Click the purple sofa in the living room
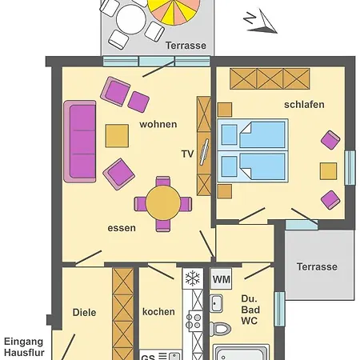80,142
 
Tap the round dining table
163,203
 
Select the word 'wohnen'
158,124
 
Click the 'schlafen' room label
304,105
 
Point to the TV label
187,154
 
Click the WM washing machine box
221,279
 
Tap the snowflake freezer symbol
193,278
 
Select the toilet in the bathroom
220,329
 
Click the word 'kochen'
158,312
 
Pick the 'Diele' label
84,312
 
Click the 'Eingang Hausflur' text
24,347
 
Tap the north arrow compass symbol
261,22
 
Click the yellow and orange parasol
174,10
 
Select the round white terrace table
131,19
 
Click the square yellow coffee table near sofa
117,136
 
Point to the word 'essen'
122,228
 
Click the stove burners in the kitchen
194,321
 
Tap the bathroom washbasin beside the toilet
216,303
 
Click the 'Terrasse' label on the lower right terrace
317,266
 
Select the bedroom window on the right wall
350,168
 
